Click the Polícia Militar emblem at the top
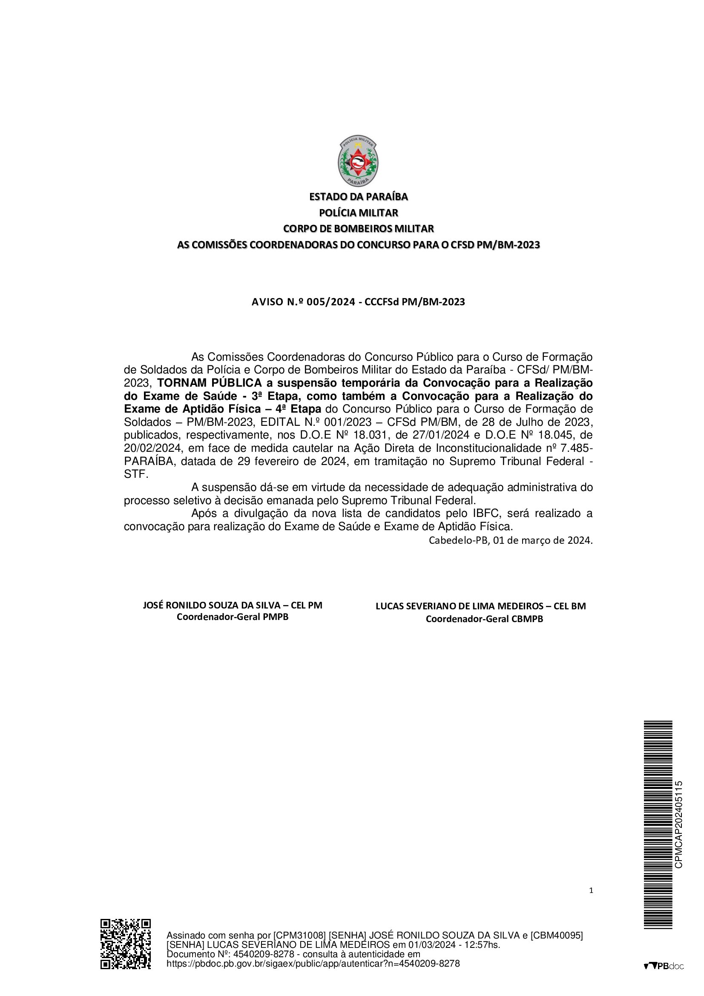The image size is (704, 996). [357, 161]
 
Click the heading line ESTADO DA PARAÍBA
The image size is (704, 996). [358, 197]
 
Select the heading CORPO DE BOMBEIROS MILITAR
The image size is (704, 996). [358, 229]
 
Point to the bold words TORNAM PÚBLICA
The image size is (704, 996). [209, 383]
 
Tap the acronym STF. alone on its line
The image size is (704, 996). [136, 474]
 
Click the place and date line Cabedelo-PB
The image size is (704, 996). [510, 540]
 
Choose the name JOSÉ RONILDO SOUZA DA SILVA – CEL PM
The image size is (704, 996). [233, 606]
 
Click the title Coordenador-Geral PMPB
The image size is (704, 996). [233, 617]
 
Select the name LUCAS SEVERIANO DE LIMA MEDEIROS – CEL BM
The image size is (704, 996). [480, 606]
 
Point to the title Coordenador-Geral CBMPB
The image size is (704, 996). [484, 619]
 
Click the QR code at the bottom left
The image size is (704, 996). [126, 950]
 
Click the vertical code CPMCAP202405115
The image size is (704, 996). [679, 824]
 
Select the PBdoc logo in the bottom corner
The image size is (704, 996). [663, 966]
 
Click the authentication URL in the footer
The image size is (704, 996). [313, 964]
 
